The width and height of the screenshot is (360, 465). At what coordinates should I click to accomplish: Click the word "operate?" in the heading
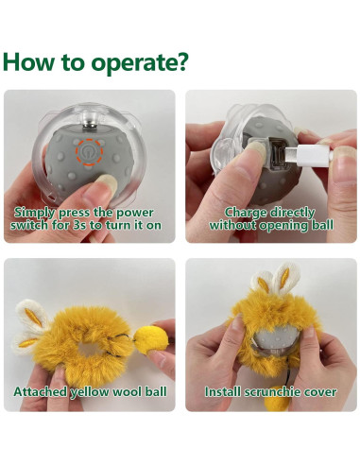click(140, 62)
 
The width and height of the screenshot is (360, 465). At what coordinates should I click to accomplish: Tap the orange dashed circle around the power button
click(89, 151)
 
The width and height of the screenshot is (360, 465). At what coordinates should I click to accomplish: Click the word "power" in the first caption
click(134, 213)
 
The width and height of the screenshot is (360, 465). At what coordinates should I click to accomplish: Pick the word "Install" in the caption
click(223, 392)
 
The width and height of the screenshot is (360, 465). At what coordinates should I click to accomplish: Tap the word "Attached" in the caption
click(41, 392)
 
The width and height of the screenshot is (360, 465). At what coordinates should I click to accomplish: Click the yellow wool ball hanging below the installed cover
click(276, 398)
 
